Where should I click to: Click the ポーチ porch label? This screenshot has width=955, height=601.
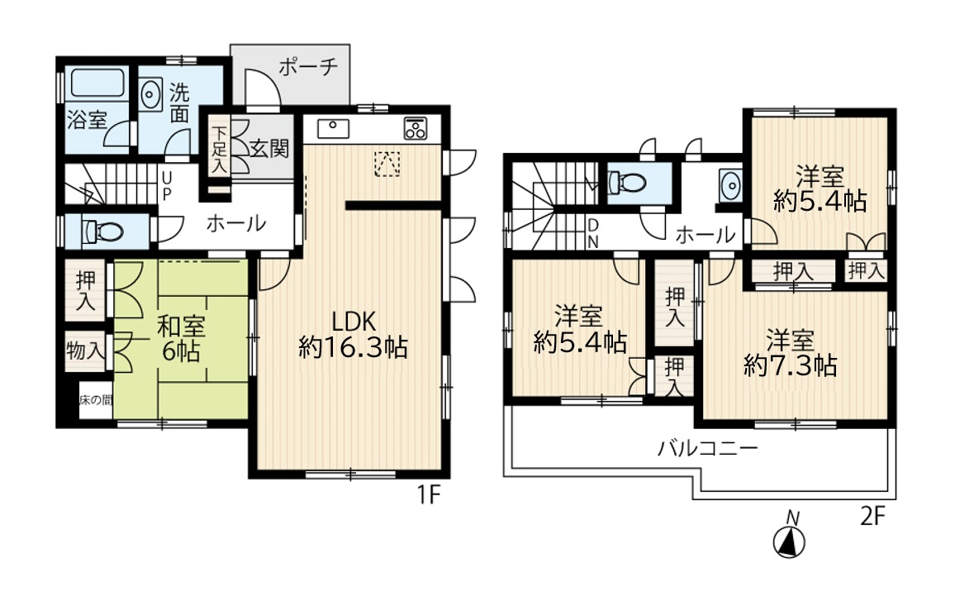click(x=308, y=66)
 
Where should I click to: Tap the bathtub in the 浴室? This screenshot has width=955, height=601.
click(x=97, y=83)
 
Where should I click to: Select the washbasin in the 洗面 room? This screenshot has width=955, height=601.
click(x=150, y=94)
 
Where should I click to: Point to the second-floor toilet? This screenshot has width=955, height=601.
click(x=627, y=182)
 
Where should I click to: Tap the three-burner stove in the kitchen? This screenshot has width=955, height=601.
click(x=416, y=128)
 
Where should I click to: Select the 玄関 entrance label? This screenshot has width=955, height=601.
click(x=269, y=148)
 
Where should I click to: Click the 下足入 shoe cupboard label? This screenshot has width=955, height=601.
click(x=219, y=150)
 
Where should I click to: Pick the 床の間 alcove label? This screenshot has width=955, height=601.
click(x=96, y=400)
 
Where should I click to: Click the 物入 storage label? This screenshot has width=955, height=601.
click(x=85, y=351)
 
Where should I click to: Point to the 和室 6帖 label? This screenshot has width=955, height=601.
click(x=181, y=339)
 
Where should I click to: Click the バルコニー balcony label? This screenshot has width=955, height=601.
click(x=708, y=449)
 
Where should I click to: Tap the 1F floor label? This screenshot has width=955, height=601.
click(x=428, y=495)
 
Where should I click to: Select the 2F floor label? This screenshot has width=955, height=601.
click(x=872, y=517)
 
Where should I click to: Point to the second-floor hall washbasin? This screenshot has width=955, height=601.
click(x=729, y=184)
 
